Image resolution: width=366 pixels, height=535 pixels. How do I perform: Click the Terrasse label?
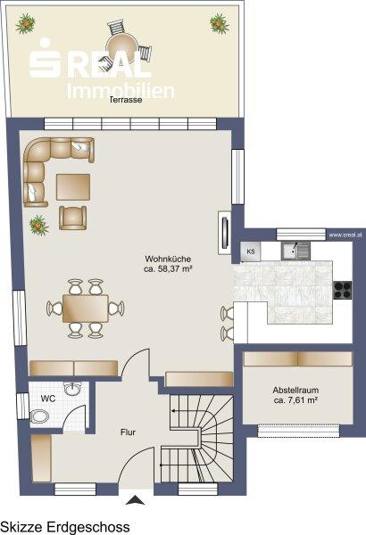tap(125, 100)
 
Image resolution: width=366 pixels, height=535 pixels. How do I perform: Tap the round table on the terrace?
tap(122, 49)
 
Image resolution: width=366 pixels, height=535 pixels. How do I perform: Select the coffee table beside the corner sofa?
tap(73, 187)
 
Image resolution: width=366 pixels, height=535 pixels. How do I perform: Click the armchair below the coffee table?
tap(72, 218)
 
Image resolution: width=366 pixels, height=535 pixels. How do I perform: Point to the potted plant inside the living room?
tap(38, 226)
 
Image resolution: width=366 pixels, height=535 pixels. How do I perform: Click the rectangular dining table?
tap(86, 309)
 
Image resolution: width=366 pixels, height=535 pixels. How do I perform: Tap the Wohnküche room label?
tap(168, 264)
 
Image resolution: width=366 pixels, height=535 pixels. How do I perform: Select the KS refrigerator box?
tap(251, 251)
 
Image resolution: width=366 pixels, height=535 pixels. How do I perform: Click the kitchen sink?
tap(296, 251)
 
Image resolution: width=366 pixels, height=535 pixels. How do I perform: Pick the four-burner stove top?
tap(343, 290)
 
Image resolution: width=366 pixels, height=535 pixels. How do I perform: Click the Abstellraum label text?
tap(296, 390)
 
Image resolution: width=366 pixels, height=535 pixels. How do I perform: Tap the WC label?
tap(48, 399)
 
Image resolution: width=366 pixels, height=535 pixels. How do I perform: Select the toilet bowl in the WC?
tap(39, 417)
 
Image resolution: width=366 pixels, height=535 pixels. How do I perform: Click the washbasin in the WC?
tap(73, 388)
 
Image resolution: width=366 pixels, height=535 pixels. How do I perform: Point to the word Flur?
tap(128, 432)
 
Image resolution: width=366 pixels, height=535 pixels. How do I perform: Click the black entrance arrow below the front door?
tap(136, 500)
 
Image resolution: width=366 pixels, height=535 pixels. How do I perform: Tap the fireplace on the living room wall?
tap(225, 233)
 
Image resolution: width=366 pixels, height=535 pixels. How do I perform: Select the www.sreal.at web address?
tap(345, 235)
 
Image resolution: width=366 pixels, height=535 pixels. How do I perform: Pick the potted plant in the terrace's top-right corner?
tap(219, 23)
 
